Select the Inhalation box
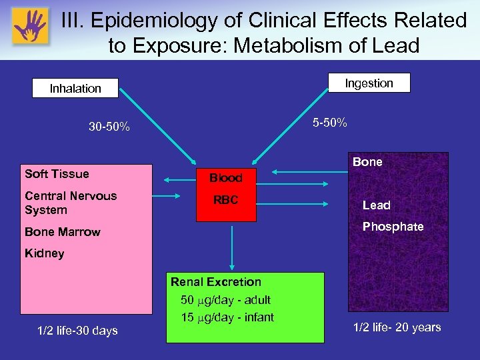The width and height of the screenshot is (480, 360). coord(75,88)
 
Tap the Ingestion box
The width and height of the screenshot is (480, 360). coord(369,83)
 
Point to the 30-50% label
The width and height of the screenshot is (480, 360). coord(109,127)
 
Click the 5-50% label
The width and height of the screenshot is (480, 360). coord(329,123)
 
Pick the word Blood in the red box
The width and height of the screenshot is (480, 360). coord(225,178)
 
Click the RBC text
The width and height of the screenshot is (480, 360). coord(225,200)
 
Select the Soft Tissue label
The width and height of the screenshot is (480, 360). coord(57,174)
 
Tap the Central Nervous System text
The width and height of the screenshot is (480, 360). coord(71,203)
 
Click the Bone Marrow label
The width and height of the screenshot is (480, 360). coord(62,232)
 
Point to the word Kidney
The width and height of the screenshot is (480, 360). coord(44,253)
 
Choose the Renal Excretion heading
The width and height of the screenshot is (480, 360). coord(216,282)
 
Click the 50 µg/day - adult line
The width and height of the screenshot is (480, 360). coord(225,299)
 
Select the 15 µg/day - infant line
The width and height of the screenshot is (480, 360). coord(227,317)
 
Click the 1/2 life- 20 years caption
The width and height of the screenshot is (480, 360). coord(397,327)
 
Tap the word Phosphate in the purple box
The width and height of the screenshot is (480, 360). coord(393,227)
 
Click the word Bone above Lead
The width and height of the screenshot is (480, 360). coord(367,162)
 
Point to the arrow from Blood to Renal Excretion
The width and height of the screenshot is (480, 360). coord(232,247)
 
